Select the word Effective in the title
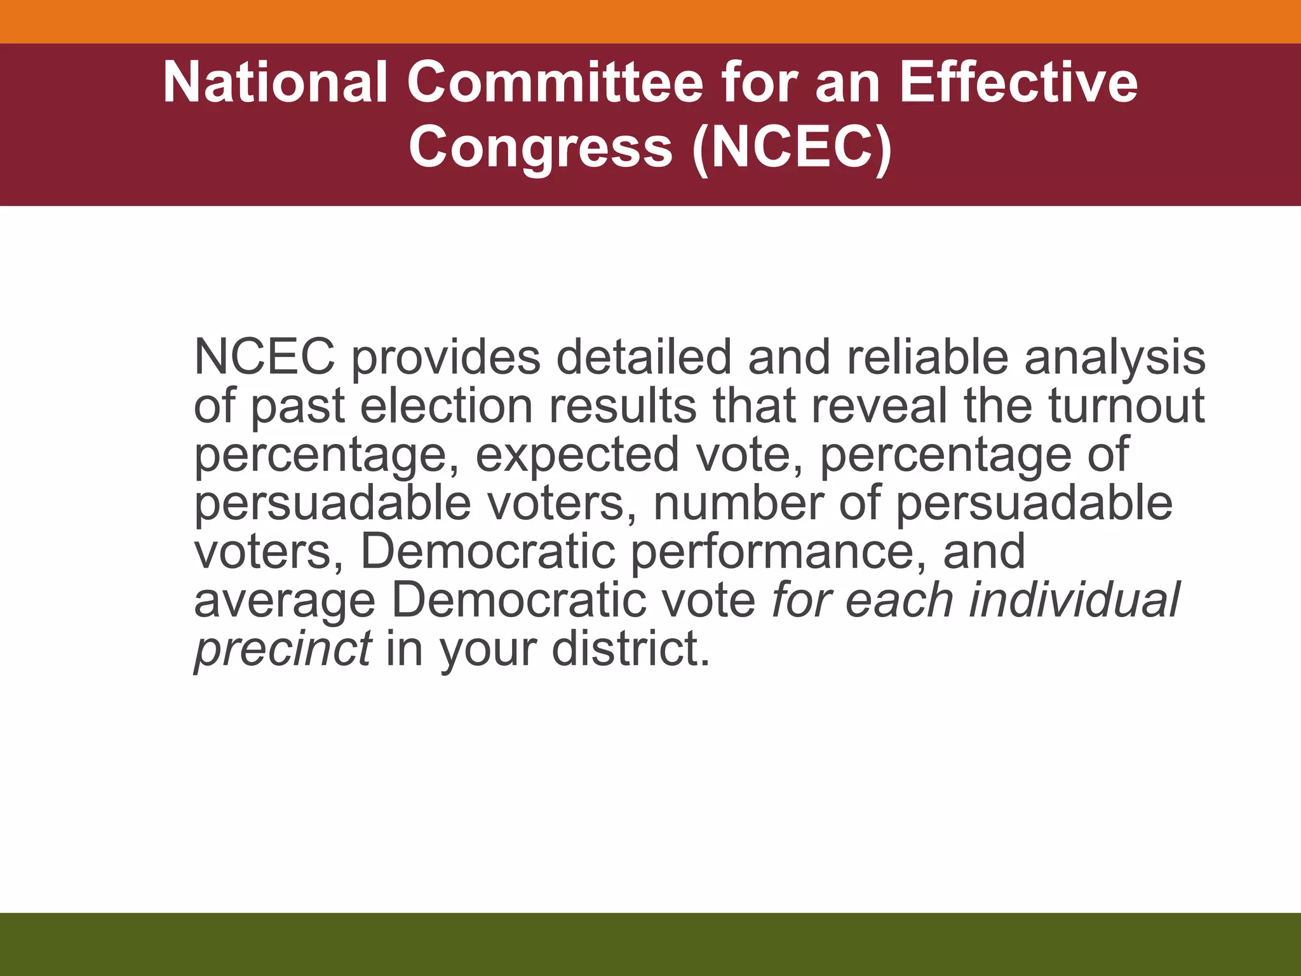point(1018,83)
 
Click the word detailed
point(644,358)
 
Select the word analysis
point(1115,358)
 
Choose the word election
point(447,406)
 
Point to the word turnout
point(1126,406)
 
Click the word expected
point(577,455)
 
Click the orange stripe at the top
point(650,21)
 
